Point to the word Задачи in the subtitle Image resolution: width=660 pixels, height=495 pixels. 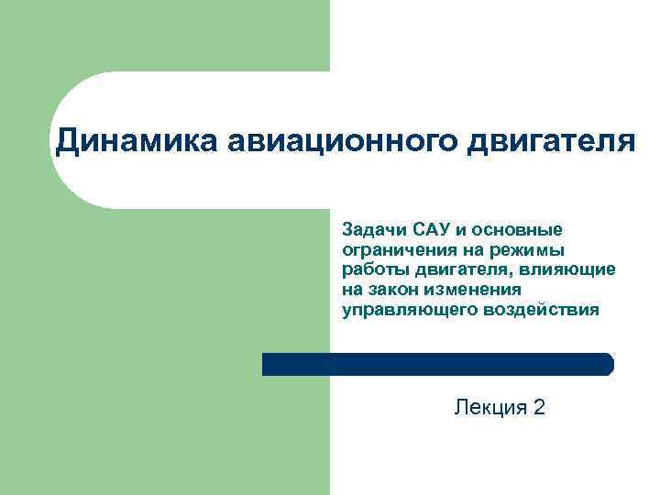pyautogui.click(x=370, y=228)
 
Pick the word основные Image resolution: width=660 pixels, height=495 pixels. pyautogui.click(x=520, y=228)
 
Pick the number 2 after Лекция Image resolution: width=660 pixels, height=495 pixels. pyautogui.click(x=538, y=407)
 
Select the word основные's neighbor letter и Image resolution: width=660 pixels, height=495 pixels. pyautogui.click(x=460, y=229)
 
